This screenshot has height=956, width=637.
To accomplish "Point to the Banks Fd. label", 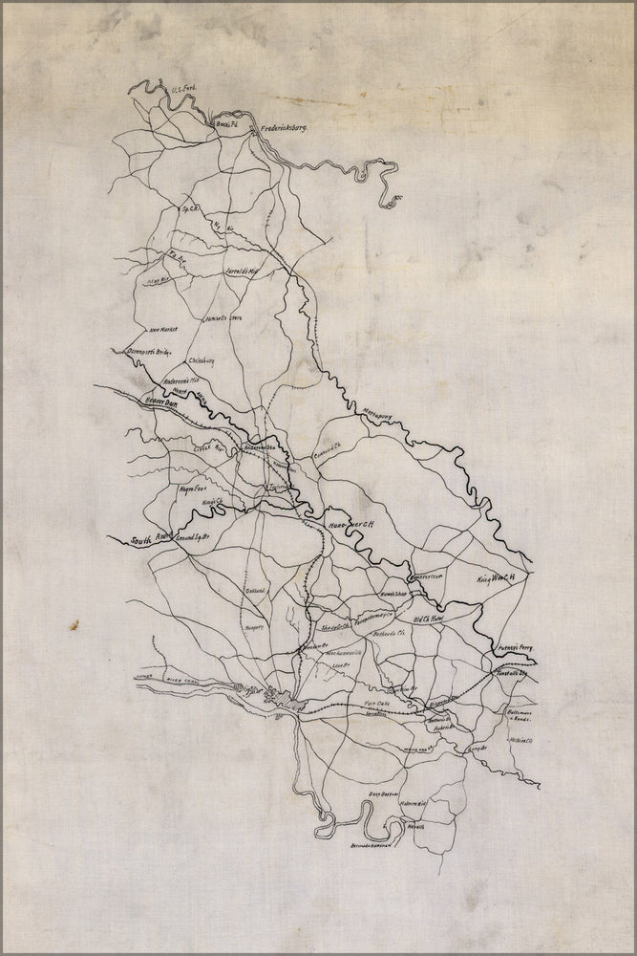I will [224, 125].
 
